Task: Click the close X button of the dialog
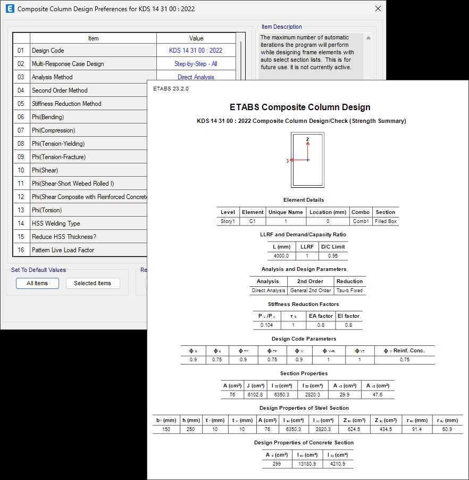click(378, 9)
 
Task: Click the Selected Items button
click(93, 283)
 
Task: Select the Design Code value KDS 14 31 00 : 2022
click(196, 51)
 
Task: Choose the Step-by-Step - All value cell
click(196, 64)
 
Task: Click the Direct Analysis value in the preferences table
click(196, 77)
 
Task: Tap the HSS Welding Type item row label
click(56, 224)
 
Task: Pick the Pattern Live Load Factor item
click(63, 250)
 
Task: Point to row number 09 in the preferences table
click(21, 157)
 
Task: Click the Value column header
click(196, 38)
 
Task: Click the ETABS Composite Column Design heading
click(300, 107)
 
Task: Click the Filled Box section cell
click(386, 221)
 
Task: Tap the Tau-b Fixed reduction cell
click(349, 291)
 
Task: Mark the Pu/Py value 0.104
click(266, 325)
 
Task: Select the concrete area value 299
click(277, 464)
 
